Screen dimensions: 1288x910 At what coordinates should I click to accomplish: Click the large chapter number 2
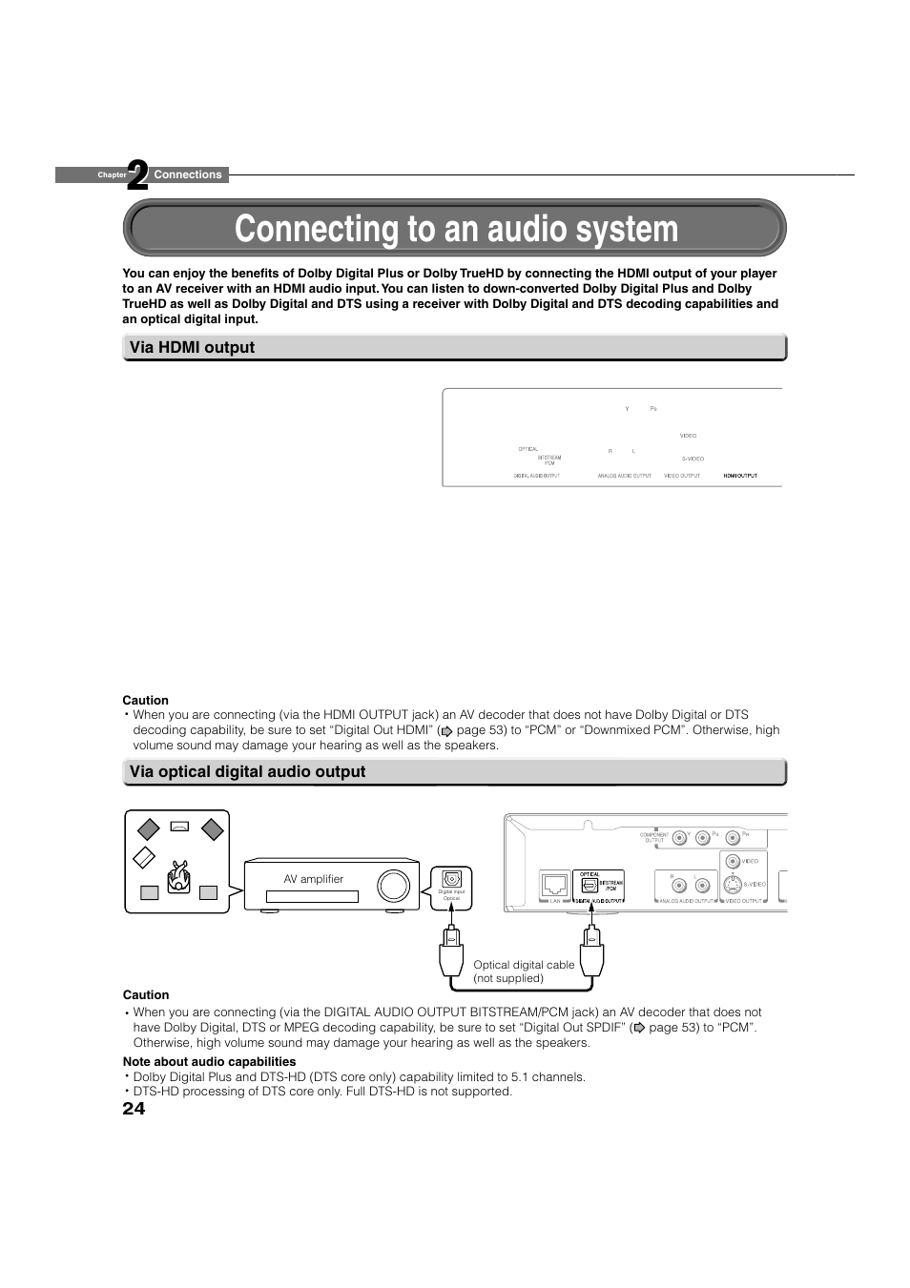138,175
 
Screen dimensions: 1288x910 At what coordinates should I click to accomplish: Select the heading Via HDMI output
192,347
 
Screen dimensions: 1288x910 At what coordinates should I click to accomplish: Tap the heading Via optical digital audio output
247,771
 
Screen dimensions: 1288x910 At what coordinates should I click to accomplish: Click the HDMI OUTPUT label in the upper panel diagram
740,475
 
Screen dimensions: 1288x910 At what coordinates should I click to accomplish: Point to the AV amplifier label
313,879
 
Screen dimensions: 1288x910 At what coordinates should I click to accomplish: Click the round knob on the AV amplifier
393,886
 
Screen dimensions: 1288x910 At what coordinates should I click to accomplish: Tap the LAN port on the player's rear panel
554,884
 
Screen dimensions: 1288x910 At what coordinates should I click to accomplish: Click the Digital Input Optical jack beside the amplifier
452,879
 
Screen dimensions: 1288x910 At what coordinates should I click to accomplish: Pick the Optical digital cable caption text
524,971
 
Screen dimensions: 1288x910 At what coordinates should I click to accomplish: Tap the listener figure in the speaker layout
178,876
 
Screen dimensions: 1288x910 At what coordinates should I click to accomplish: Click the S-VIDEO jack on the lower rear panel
732,884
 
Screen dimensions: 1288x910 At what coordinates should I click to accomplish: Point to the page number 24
134,1108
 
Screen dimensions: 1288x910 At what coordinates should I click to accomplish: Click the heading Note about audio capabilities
209,1061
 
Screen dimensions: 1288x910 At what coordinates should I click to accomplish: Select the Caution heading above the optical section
145,700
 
